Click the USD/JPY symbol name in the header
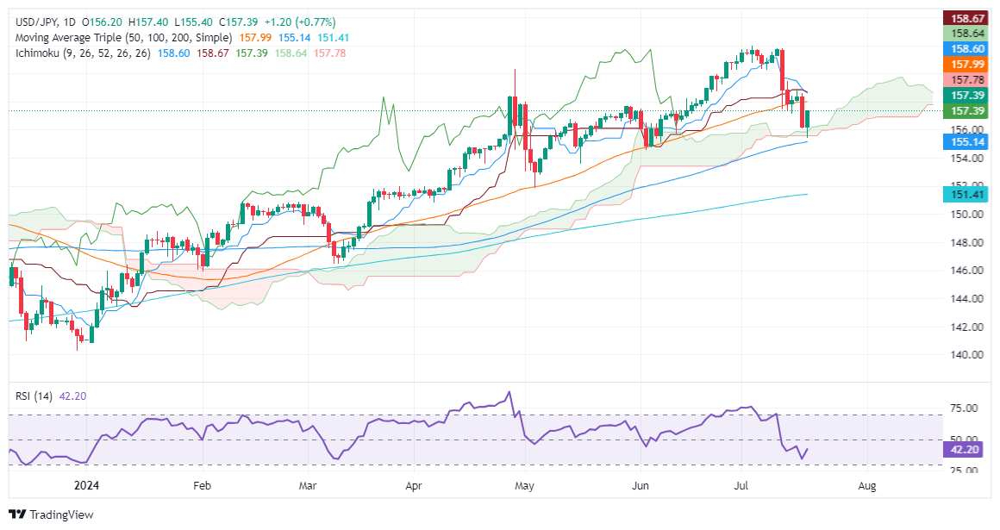(x=32, y=22)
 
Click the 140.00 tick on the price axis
(x=960, y=354)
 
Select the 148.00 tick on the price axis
(x=960, y=242)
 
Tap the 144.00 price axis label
(x=960, y=298)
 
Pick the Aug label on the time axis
(x=867, y=486)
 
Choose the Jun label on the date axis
(x=641, y=486)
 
